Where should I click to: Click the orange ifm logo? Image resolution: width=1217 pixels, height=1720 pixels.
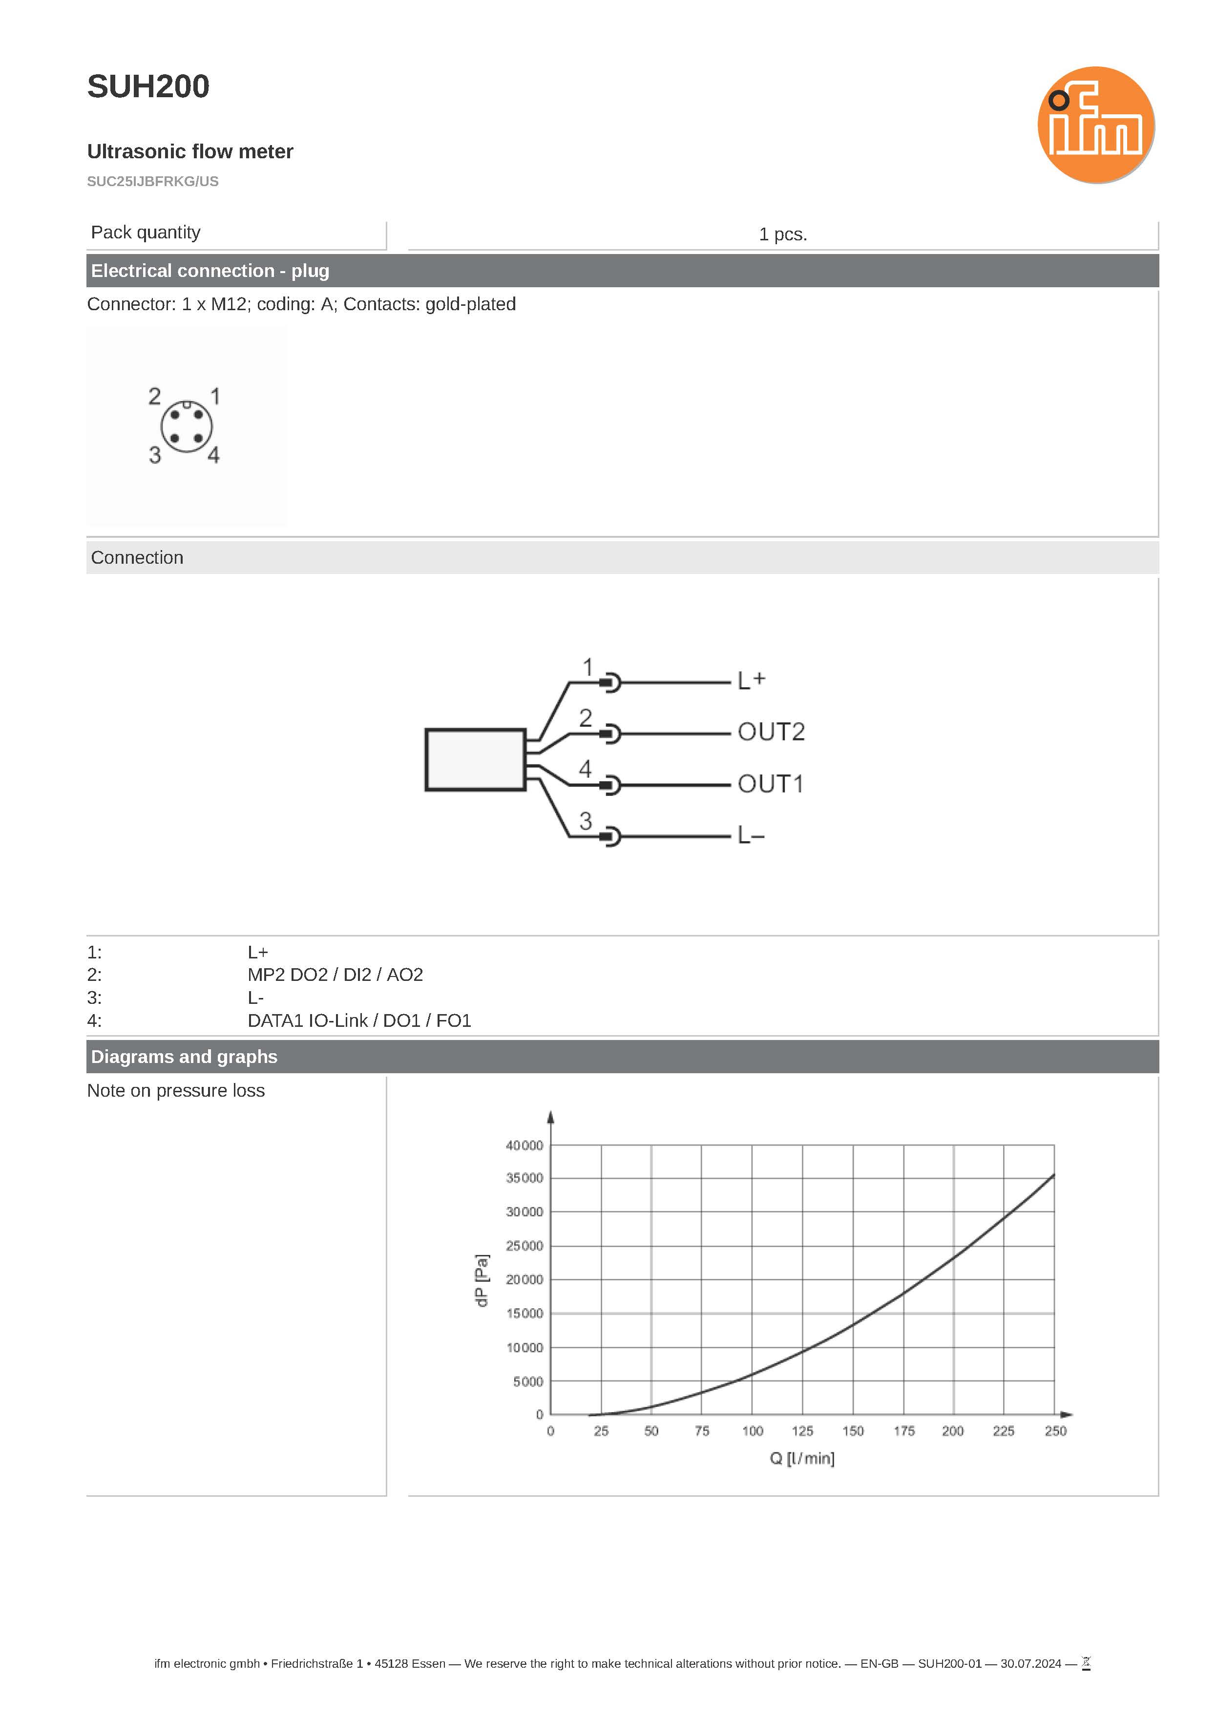pos(1095,125)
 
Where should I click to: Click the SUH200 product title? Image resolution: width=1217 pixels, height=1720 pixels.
pos(148,87)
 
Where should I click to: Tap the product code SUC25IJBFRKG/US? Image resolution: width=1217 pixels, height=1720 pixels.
pos(153,181)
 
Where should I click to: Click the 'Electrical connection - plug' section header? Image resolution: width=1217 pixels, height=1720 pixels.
pos(210,271)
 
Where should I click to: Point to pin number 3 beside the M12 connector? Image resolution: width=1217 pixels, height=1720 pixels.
pos(154,455)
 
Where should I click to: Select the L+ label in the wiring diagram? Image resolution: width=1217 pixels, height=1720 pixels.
pos(751,680)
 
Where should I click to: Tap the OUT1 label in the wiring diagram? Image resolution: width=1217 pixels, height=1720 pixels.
pos(770,784)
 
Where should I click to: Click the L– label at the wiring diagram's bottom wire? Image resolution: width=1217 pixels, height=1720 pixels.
pos(750,835)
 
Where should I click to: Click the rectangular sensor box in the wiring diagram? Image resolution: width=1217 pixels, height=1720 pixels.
pos(475,759)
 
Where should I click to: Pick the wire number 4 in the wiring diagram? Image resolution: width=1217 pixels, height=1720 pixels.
pos(585,768)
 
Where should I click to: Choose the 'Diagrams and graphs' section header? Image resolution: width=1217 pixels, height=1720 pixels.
pos(184,1057)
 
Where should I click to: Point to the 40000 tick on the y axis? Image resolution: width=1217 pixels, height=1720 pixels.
pos(524,1145)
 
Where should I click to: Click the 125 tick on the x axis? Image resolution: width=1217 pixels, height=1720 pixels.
pos(802,1431)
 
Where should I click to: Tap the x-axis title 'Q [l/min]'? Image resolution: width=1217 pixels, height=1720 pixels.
pos(802,1458)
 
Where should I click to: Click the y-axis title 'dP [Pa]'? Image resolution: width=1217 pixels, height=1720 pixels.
pos(482,1280)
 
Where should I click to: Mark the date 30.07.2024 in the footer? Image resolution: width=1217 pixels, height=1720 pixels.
pos(1030,1664)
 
